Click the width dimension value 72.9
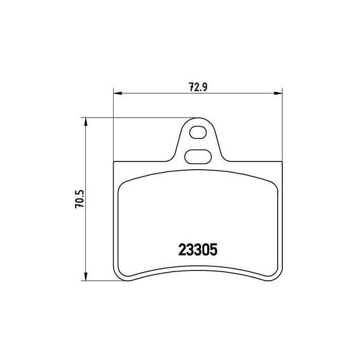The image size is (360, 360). click(x=197, y=87)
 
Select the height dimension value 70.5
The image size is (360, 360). click(x=79, y=199)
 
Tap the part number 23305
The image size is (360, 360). click(x=198, y=249)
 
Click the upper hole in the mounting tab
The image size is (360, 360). click(x=197, y=133)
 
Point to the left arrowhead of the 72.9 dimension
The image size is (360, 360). click(x=116, y=93)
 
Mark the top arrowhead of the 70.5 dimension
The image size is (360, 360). click(x=85, y=121)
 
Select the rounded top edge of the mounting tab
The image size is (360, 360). click(x=197, y=119)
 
